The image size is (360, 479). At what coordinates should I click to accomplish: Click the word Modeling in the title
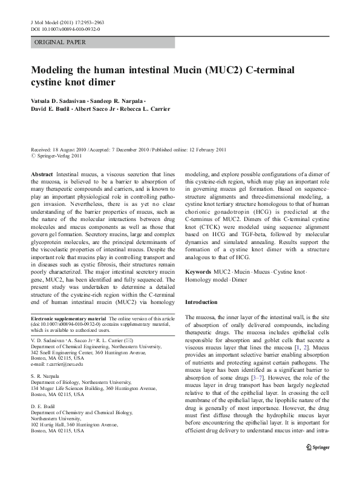point(54,70)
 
